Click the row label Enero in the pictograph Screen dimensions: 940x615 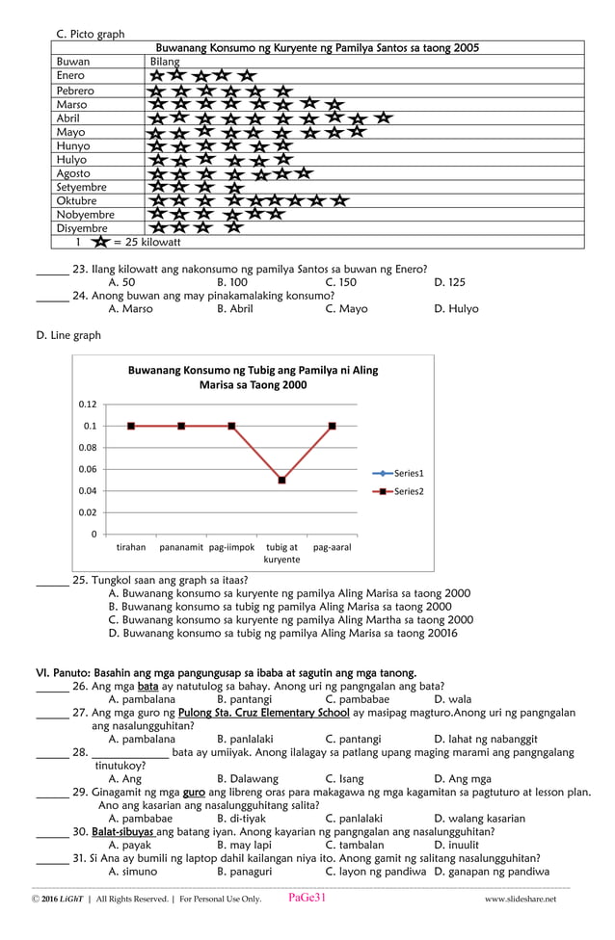pyautogui.click(x=70, y=75)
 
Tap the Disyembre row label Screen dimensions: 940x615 pyautogui.click(x=82, y=228)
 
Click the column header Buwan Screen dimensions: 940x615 pyautogui.click(x=72, y=61)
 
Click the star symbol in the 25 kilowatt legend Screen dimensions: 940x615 pyautogui.click(x=100, y=243)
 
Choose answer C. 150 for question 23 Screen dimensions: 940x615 pyautogui.click(x=340, y=282)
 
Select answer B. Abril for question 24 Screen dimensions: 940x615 pyautogui.click(x=234, y=309)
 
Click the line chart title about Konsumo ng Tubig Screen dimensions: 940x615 pyautogui.click(x=253, y=377)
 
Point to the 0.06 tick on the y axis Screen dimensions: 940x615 pyautogui.click(x=88, y=469)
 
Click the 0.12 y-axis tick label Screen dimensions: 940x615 pyautogui.click(x=88, y=405)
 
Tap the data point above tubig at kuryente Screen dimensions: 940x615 pyautogui.click(x=281, y=480)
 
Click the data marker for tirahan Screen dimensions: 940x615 pyautogui.click(x=131, y=426)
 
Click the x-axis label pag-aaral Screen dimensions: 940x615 pyautogui.click(x=332, y=547)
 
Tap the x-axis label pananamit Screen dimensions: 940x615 pyautogui.click(x=181, y=547)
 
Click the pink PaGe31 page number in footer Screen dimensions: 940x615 pyautogui.click(x=307, y=898)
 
